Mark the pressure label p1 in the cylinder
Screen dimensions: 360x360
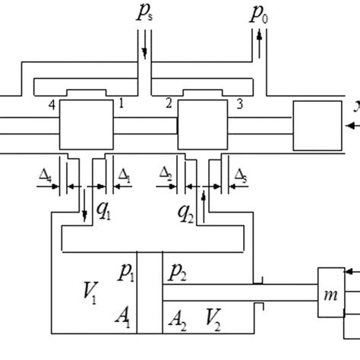coord(126,270)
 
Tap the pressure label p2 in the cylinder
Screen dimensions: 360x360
coord(177,270)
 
